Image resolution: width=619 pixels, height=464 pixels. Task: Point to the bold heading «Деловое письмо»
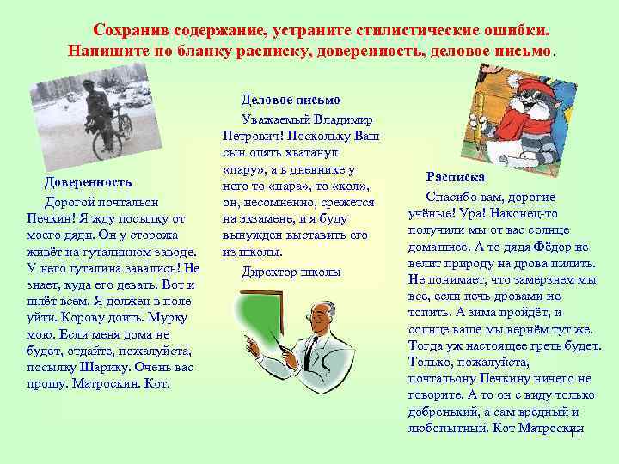(291, 101)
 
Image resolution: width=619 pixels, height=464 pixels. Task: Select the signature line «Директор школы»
(291, 272)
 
